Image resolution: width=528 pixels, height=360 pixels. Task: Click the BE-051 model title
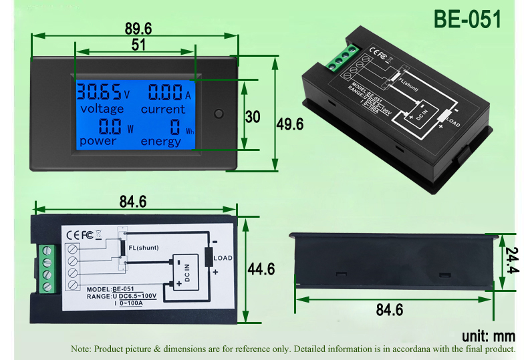click(467, 19)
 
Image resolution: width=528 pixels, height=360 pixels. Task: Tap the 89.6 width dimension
click(138, 28)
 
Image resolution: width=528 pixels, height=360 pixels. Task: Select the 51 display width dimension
click(139, 45)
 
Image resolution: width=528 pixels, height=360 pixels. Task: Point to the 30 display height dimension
click(252, 116)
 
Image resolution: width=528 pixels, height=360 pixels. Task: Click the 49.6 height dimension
click(290, 124)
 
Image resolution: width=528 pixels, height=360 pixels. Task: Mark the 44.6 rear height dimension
click(261, 269)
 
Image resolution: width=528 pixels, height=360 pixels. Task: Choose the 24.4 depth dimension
click(511, 262)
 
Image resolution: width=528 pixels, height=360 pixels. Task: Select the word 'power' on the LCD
click(98, 141)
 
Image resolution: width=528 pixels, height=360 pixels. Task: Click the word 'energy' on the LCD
click(160, 141)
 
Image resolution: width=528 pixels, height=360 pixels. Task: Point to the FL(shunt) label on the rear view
click(143, 247)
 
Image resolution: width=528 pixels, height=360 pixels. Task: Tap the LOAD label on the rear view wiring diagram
click(223, 258)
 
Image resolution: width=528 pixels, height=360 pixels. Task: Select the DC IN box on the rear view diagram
click(186, 273)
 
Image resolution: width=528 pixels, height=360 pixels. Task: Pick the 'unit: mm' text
click(489, 335)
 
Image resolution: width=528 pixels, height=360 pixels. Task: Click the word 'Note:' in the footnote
click(81, 349)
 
